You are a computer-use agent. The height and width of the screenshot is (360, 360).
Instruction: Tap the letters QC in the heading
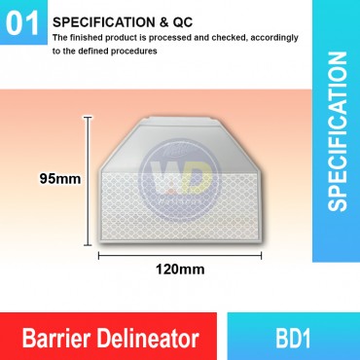click(x=163, y=19)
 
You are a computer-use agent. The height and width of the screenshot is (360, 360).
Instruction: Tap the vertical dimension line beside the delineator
click(x=89, y=179)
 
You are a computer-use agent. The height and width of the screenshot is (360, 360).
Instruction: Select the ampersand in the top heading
click(x=145, y=19)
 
